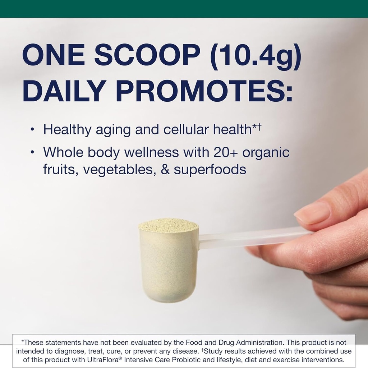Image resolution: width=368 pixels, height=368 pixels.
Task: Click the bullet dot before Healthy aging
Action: click(33, 129)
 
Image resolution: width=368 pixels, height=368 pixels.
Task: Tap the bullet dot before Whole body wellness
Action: click(33, 152)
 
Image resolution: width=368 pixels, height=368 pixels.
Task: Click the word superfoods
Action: click(210, 169)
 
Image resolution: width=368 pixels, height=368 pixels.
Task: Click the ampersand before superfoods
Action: click(165, 169)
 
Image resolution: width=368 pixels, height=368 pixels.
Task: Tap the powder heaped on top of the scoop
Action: click(169, 225)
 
